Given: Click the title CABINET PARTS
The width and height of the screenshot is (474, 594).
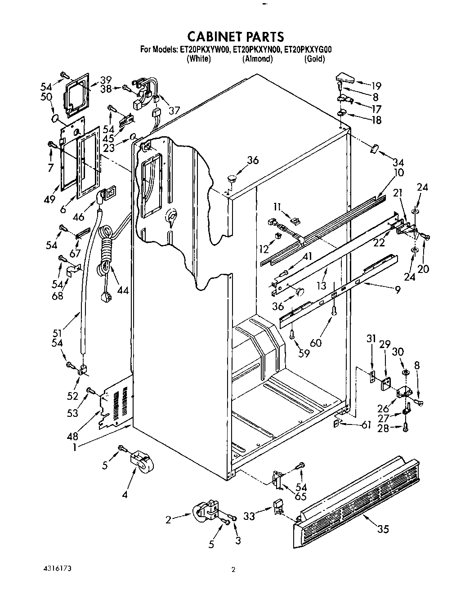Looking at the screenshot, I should (236, 36).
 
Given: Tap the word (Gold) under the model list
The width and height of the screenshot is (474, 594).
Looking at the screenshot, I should (314, 59).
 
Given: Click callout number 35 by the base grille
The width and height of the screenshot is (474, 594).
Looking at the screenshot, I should (383, 529).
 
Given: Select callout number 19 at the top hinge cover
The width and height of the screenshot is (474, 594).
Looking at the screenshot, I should (376, 86).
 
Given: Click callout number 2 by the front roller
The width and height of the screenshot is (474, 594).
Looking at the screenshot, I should (169, 520).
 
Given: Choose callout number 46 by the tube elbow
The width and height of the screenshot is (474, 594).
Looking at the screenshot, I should (79, 217).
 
